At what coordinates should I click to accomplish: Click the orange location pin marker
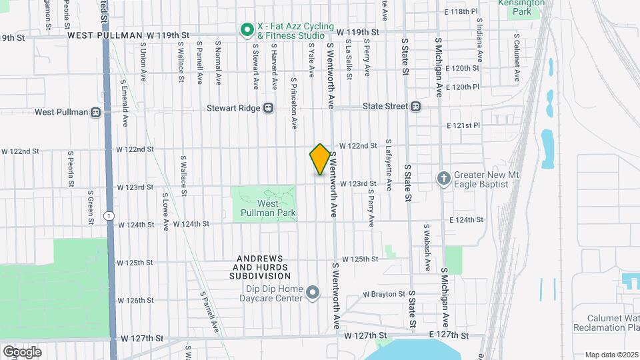320,159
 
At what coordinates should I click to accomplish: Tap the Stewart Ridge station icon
268,107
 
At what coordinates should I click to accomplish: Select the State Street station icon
415,106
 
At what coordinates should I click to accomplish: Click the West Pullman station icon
96,112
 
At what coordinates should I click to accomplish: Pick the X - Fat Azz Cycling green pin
247,29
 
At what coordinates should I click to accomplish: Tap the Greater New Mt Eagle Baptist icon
444,177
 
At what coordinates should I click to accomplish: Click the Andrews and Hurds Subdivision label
260,267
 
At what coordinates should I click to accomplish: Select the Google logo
22,351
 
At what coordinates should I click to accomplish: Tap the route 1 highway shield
109,215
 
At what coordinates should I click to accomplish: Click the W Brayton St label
384,294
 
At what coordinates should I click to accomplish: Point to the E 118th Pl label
462,12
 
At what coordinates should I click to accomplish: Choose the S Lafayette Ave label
389,160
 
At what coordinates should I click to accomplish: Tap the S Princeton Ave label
294,103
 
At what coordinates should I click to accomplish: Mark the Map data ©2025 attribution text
611,355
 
